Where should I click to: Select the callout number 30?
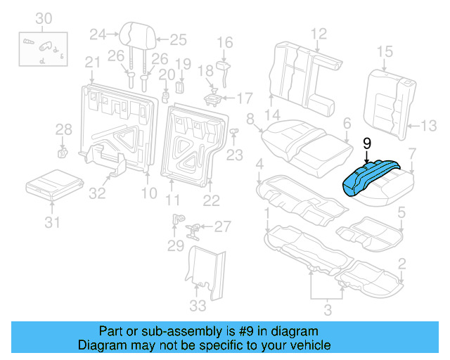click(x=44, y=18)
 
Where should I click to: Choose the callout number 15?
click(x=384, y=51)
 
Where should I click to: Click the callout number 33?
click(x=198, y=305)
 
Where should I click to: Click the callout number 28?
click(x=63, y=129)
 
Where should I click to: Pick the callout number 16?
click(x=224, y=44)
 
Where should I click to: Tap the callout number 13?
click(x=428, y=126)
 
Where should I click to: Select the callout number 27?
click(x=222, y=226)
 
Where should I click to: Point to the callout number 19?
click(x=183, y=65)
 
